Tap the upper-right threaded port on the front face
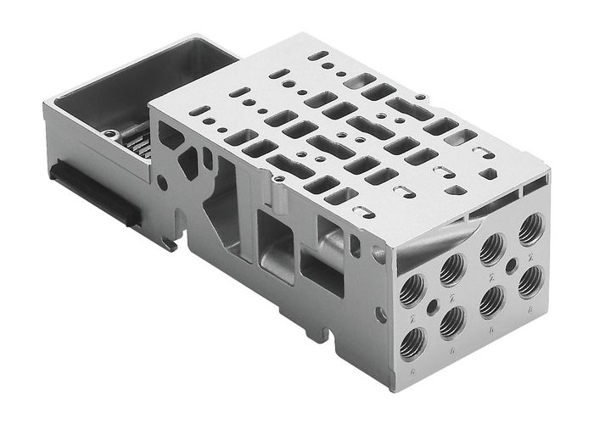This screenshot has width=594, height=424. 532,227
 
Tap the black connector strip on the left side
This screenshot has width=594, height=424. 92,191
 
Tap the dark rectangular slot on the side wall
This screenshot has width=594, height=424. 322,276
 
